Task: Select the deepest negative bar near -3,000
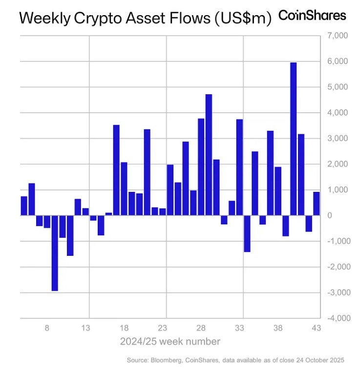[x=55, y=252]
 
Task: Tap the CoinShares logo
[x=312, y=16]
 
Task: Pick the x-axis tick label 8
[x=47, y=328]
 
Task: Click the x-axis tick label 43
[x=316, y=328]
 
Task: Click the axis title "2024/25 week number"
[x=170, y=341]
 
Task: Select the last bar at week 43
[x=316, y=203]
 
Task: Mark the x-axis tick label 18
[x=124, y=328]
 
